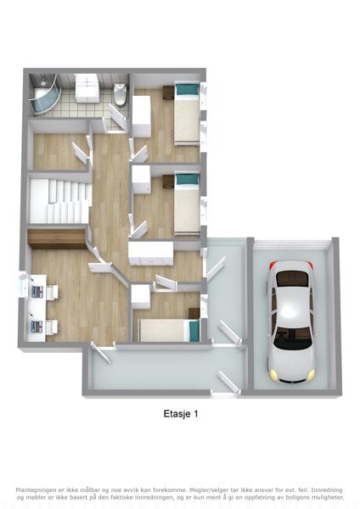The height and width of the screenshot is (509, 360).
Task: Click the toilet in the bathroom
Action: pos(120,94)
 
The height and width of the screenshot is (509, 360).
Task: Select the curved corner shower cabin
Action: pos(43,95)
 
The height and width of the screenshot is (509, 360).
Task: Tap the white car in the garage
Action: pos(291,321)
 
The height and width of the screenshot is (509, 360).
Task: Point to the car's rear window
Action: pos(292,279)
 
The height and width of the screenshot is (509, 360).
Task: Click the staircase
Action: pos(59,201)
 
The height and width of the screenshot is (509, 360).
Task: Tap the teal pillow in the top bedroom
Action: pos(187,89)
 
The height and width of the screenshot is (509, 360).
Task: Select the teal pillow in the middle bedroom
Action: pos(187,179)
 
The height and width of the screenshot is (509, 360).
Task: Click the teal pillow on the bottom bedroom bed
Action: pos(194,331)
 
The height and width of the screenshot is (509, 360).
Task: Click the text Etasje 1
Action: pos(181,414)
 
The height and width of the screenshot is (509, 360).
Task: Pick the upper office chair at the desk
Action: pos(52,292)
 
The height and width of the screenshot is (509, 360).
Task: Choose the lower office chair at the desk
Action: pos(52,327)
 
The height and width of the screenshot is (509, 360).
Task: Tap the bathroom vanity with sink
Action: pos(87,88)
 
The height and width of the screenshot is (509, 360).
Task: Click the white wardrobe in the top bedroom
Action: pos(142,117)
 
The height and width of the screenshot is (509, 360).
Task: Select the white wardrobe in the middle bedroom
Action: pos(141,179)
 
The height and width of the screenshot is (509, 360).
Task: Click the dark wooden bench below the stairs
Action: pos(57,239)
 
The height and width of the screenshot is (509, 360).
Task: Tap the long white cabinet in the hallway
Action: pos(151,253)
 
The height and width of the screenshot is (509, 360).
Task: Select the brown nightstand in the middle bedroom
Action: pos(169,182)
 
